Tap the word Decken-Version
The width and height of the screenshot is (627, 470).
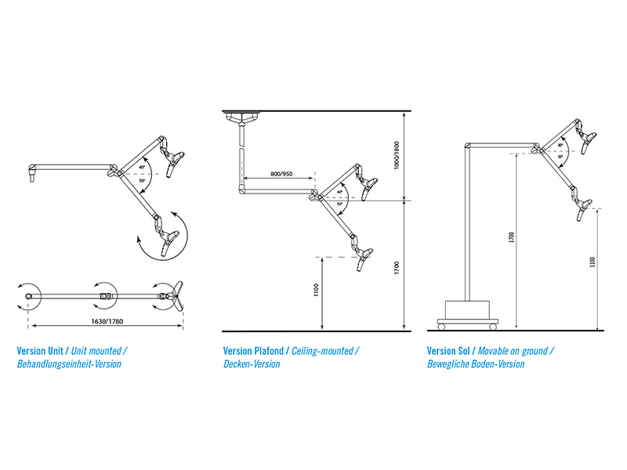[251, 364]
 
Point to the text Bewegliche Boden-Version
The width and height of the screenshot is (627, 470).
[476, 364]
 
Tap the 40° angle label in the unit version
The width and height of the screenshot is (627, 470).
[142, 166]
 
